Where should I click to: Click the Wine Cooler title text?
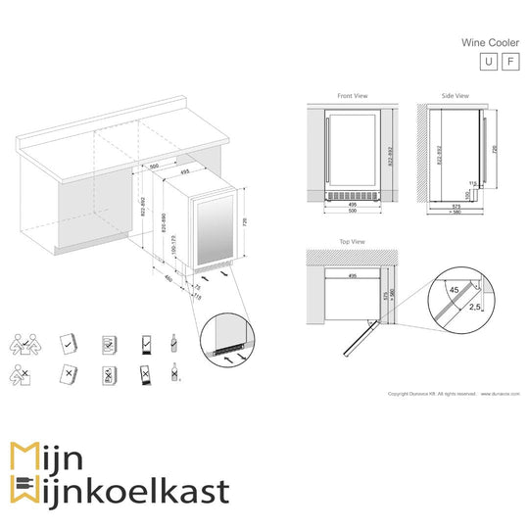pyautogui.click(x=490, y=43)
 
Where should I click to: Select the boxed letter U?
pyautogui.click(x=488, y=62)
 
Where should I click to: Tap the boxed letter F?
pyautogui.click(x=509, y=62)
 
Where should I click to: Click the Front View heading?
pyautogui.click(x=352, y=96)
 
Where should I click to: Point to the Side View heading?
pyautogui.click(x=455, y=96)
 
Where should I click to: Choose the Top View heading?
pyautogui.click(x=352, y=241)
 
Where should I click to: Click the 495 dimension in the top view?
pyautogui.click(x=348, y=276)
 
